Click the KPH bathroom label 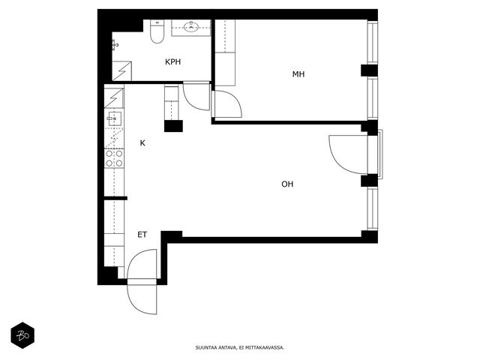173,61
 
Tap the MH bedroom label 298,74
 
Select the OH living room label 287,184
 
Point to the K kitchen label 142,143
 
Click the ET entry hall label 142,235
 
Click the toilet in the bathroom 157,31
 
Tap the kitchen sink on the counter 114,118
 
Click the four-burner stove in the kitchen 114,158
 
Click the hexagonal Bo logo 22,335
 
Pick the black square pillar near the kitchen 173,126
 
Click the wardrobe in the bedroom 225,52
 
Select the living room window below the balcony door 373,208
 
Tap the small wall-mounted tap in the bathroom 115,45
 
